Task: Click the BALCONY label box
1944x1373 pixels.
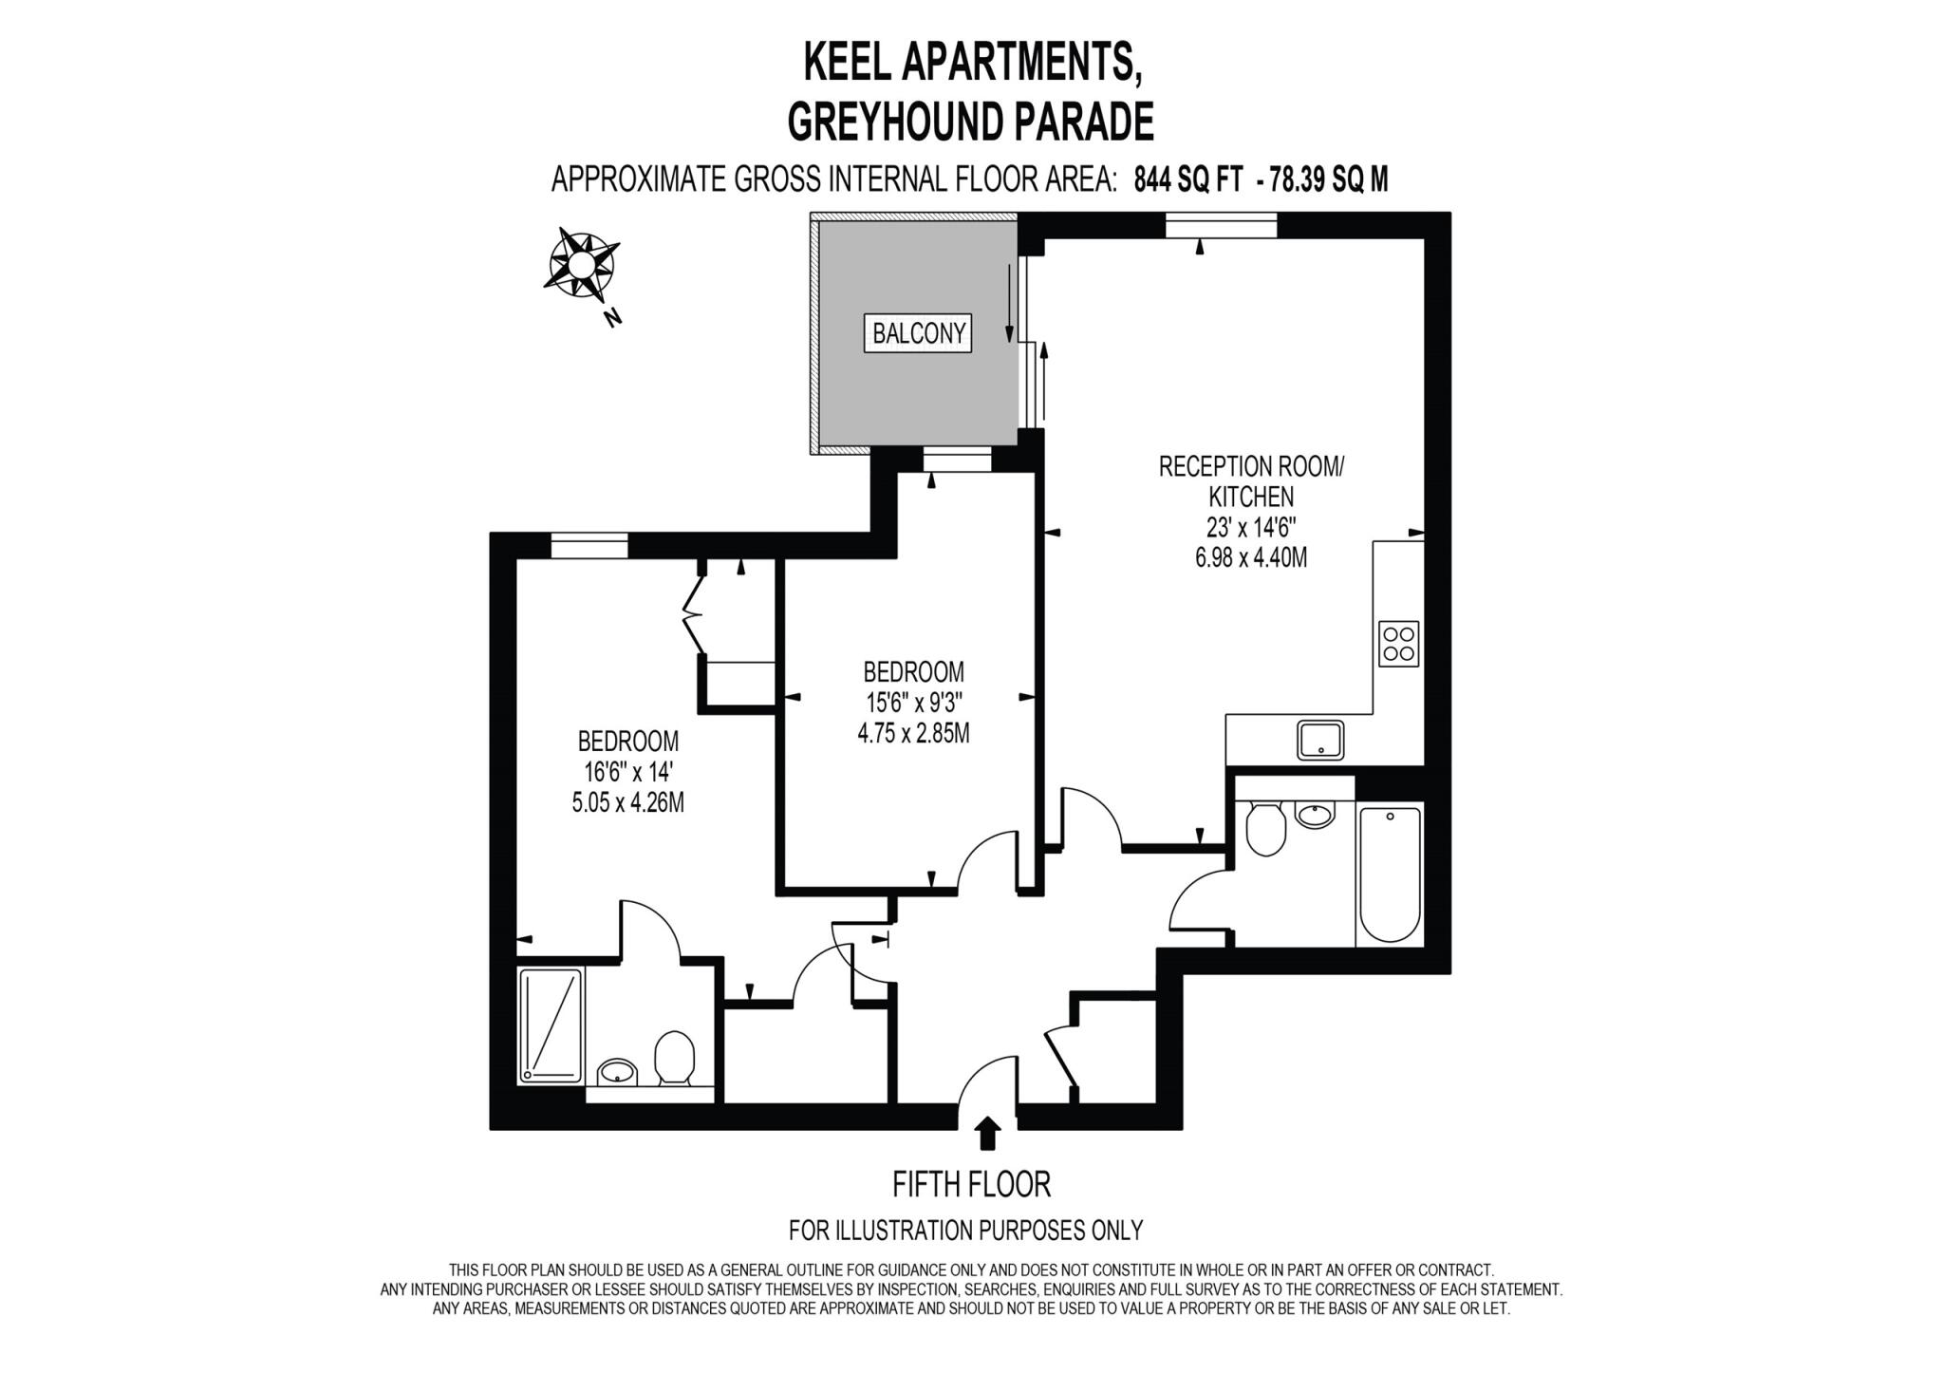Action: [918, 333]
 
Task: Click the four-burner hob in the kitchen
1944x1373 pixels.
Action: [1398, 644]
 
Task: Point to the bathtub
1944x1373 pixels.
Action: [1390, 874]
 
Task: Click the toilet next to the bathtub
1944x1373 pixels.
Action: [1265, 829]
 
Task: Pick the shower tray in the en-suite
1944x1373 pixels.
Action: [551, 1025]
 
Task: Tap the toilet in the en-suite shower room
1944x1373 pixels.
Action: [674, 1058]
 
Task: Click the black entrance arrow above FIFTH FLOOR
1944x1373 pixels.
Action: [988, 1133]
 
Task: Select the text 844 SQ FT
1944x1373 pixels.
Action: [1187, 179]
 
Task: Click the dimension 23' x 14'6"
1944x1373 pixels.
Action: [1251, 527]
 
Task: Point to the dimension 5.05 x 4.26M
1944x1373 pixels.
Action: [627, 802]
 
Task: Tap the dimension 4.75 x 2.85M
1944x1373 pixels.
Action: [913, 733]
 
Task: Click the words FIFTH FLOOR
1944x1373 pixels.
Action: [971, 1184]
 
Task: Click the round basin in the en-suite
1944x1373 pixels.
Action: [618, 1073]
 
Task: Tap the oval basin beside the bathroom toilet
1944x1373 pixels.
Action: [1315, 814]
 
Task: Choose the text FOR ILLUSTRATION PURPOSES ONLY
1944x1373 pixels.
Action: [965, 1230]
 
